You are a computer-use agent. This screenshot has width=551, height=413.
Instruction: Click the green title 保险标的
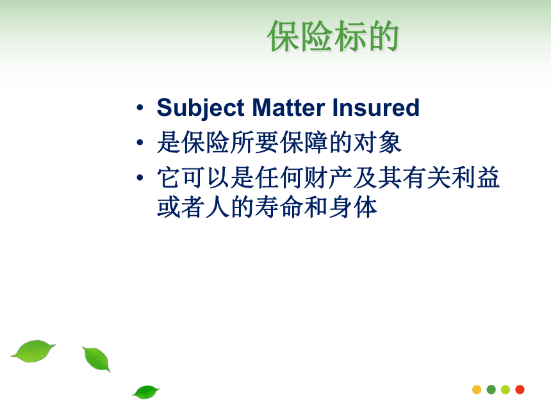click(x=333, y=36)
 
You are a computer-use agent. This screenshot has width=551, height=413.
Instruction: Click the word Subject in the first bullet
click(x=201, y=108)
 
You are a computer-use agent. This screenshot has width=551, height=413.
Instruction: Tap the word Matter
click(x=288, y=108)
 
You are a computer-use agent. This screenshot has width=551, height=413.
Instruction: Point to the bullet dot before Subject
click(x=140, y=108)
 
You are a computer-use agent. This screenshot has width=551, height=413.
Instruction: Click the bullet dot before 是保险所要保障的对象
click(x=140, y=143)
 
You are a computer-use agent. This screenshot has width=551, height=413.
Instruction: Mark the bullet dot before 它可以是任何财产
click(x=140, y=178)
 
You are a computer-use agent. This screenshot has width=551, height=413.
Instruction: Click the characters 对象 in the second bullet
click(x=377, y=142)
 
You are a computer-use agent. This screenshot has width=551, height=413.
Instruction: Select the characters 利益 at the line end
click(x=476, y=177)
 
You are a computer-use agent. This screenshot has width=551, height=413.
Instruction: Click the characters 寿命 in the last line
click(x=279, y=207)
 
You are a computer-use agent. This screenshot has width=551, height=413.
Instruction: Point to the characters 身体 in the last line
click(x=353, y=207)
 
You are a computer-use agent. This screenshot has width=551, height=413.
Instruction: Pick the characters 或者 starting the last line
click(x=181, y=207)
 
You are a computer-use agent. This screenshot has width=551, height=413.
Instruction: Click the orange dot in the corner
click(x=477, y=389)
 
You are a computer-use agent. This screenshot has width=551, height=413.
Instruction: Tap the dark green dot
click(x=491, y=389)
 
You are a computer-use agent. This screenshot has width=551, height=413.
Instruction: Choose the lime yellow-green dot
click(x=506, y=389)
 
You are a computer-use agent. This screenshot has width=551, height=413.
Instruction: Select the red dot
click(x=520, y=389)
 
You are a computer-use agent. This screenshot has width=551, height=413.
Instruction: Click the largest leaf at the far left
click(x=33, y=351)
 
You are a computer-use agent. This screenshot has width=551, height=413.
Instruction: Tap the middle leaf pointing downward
click(x=96, y=359)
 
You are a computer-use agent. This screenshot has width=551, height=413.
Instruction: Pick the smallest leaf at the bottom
click(x=146, y=392)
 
